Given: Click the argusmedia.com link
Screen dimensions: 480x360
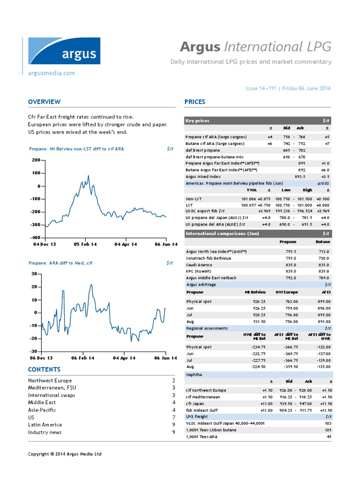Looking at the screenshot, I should (x=52, y=73).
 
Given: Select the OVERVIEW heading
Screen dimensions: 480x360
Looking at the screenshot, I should (x=44, y=102).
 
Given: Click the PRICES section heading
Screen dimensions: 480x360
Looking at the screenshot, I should (x=195, y=102).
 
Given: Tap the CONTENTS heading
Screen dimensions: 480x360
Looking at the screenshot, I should (x=44, y=369).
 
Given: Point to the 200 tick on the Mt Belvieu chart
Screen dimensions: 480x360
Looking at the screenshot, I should (x=36, y=160).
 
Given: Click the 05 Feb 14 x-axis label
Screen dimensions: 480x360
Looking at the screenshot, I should (x=85, y=244).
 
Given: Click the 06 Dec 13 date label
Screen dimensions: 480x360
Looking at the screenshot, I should (x=41, y=358).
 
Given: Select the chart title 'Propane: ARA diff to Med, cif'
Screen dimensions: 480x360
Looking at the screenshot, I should (x=60, y=263).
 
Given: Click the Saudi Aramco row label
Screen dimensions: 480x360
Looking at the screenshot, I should (x=199, y=265).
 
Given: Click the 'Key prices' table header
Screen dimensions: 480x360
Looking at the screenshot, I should (x=198, y=121).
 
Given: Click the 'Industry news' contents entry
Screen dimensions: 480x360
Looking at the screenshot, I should (x=45, y=432).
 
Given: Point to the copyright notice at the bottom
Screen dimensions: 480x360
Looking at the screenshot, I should (x=65, y=454).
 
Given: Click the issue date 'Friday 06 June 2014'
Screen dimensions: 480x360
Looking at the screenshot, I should (x=307, y=89).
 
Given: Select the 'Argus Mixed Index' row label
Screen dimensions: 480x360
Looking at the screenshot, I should (x=203, y=177).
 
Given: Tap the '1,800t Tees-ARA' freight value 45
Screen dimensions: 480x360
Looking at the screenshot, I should (x=329, y=436).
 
